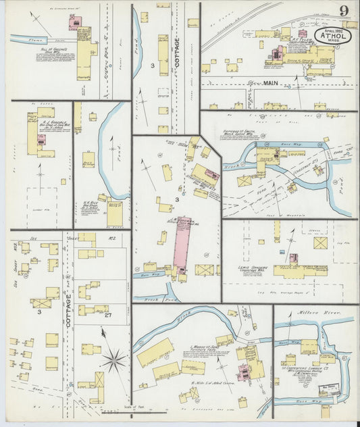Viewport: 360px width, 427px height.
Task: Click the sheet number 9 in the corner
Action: click(x=344, y=10)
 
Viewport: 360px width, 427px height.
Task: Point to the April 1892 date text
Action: click(x=332, y=30)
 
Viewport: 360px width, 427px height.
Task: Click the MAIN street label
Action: click(x=271, y=84)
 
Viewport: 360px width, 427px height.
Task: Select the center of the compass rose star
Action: click(x=113, y=359)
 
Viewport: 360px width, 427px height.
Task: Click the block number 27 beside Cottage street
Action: click(x=108, y=314)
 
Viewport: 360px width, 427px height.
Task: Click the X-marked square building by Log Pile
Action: click(x=320, y=243)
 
